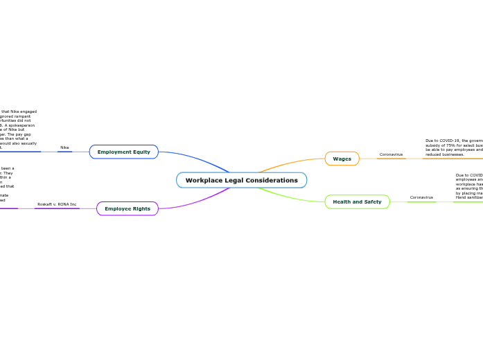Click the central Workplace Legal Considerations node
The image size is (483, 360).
[x=241, y=180]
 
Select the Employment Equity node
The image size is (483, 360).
[x=124, y=152]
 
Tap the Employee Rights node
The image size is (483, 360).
[x=128, y=208]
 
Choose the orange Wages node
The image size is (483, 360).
[x=342, y=159]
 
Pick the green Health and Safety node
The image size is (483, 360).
[x=357, y=201]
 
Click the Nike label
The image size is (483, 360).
[x=64, y=147]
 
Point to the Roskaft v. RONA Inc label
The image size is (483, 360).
[x=57, y=204]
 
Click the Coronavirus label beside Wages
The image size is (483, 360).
[x=391, y=154]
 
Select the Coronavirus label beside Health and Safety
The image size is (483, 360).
[x=421, y=197]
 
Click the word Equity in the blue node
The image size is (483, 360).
[x=140, y=152]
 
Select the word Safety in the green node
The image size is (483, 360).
[x=372, y=201]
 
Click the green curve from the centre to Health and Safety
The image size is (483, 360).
[x=291, y=196]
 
